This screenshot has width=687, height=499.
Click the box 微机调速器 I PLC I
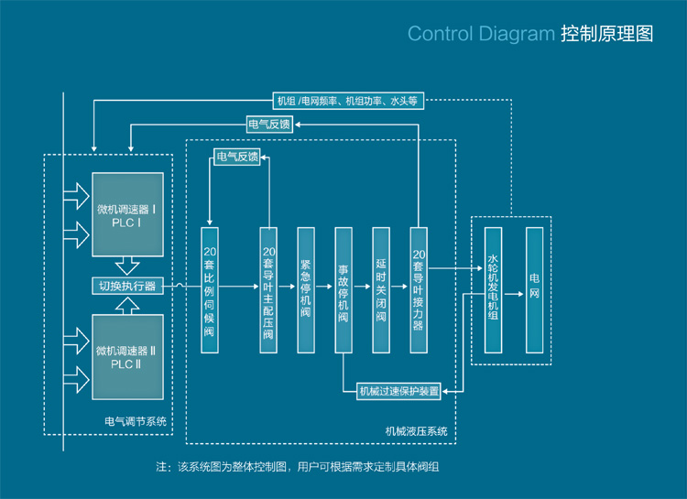127,213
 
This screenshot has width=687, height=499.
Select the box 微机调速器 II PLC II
127,356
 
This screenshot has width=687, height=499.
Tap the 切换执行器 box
127,286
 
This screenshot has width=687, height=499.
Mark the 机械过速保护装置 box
398,392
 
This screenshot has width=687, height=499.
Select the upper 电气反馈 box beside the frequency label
269,125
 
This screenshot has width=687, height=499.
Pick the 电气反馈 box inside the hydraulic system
236,157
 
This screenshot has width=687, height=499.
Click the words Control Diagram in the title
480,35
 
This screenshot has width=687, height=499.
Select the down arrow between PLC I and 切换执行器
127,265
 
